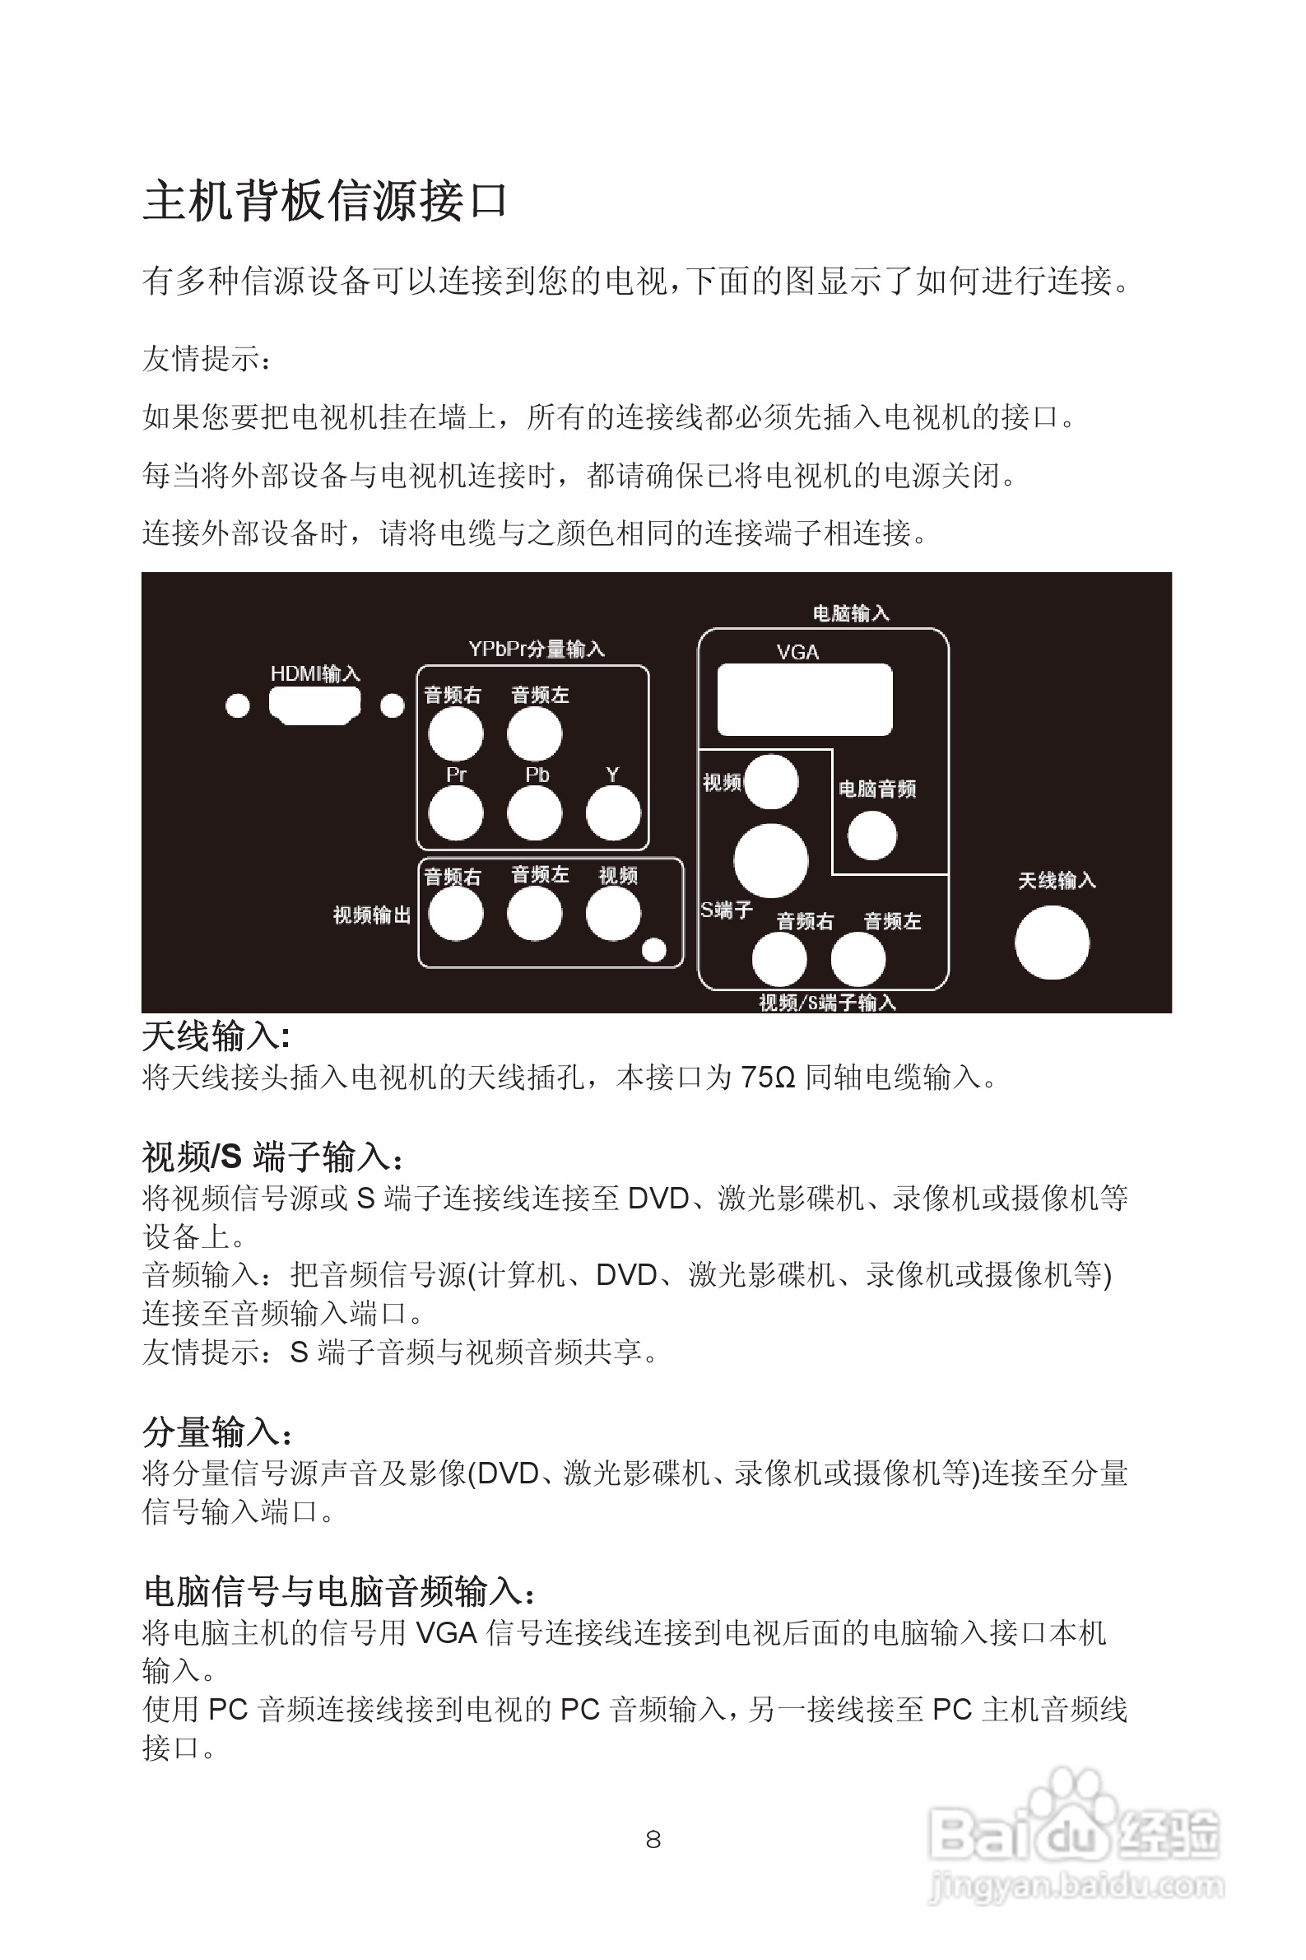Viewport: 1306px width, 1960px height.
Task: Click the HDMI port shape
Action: [314, 705]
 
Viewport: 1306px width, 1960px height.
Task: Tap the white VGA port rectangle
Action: [804, 699]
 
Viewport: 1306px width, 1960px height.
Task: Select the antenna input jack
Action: [1051, 942]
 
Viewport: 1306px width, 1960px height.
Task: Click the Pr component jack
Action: [455, 813]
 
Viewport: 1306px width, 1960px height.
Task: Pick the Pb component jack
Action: [534, 813]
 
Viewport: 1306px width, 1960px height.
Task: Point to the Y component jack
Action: [613, 813]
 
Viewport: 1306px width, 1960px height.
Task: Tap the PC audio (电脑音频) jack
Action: [871, 835]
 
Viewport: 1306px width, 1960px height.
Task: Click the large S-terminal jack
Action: [770, 860]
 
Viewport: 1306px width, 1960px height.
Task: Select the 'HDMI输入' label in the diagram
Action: [315, 673]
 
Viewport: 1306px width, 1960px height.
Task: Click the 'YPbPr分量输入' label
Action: [536, 649]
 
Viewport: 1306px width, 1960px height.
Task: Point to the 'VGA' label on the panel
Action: [797, 652]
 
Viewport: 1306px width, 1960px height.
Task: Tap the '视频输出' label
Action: [371, 915]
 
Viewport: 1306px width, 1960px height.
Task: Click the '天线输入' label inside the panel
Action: [1056, 881]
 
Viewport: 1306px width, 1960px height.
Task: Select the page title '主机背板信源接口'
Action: [325, 201]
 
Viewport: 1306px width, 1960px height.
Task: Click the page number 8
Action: [653, 1839]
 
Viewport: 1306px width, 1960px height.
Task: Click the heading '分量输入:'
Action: [216, 1432]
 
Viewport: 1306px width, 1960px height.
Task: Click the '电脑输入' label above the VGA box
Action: [850, 613]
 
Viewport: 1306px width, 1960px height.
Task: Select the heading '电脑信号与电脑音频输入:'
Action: [338, 1591]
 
